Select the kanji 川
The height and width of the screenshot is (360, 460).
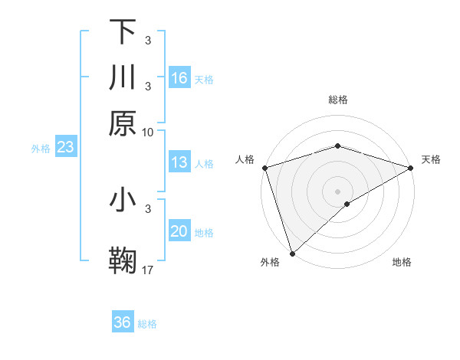tap(123, 77)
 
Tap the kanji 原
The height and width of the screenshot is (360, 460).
tap(123, 123)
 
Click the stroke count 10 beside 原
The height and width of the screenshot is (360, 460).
tap(148, 132)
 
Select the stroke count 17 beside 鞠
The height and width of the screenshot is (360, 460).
tap(148, 270)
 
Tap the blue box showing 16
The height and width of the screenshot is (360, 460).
tap(179, 78)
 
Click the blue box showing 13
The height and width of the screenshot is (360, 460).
tap(179, 162)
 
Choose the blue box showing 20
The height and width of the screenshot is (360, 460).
tap(179, 231)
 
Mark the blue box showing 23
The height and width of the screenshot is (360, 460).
tap(65, 147)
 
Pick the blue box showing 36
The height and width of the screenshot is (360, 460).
tap(123, 322)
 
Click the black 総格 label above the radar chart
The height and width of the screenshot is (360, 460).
tap(338, 100)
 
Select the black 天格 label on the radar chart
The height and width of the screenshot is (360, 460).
tap(432, 159)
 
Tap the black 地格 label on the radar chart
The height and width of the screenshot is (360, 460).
tap(402, 263)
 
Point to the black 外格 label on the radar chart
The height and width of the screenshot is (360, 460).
tap(270, 263)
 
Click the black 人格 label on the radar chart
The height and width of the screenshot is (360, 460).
tap(245, 159)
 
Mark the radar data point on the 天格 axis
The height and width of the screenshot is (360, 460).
tap(411, 168)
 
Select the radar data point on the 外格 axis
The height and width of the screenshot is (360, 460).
tap(292, 254)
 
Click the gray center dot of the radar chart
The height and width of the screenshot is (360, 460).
tap(337, 191)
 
